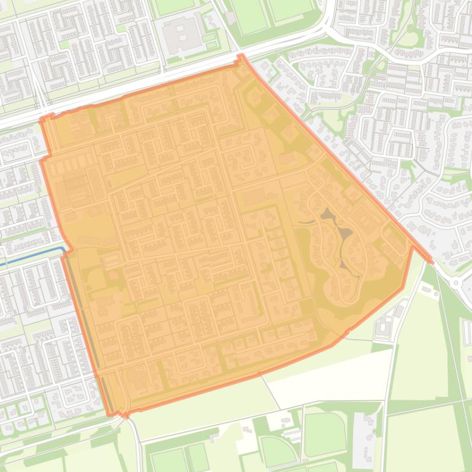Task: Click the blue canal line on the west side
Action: (31, 256)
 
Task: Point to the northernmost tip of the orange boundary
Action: (240, 56)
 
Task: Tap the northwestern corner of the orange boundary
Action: (42, 120)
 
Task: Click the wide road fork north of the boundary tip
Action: (325, 28)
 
